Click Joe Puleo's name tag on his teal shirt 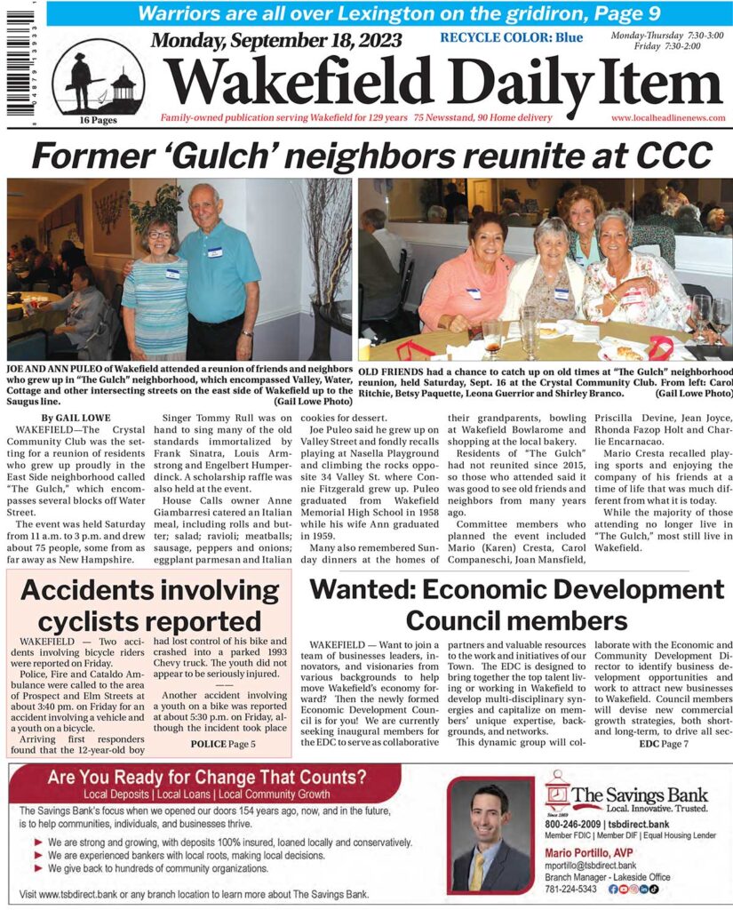(x=215, y=252)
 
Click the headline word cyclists (x=83, y=619)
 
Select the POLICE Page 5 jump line (x=223, y=743)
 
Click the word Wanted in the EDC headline (x=366, y=591)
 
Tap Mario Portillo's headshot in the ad (x=490, y=835)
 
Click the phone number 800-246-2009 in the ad (x=578, y=824)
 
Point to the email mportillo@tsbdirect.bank (x=590, y=865)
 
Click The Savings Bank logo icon (x=560, y=790)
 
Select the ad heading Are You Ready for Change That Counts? (x=207, y=778)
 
